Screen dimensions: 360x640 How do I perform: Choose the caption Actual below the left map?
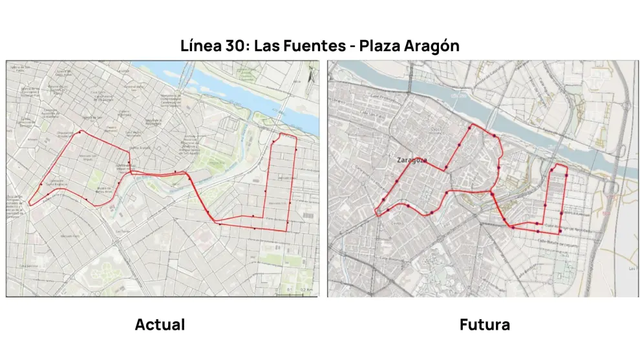pyautogui.click(x=160, y=324)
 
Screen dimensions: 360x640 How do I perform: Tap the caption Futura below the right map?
pyautogui.click(x=484, y=324)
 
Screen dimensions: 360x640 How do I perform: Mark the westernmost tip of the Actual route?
pyautogui.click(x=29, y=204)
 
